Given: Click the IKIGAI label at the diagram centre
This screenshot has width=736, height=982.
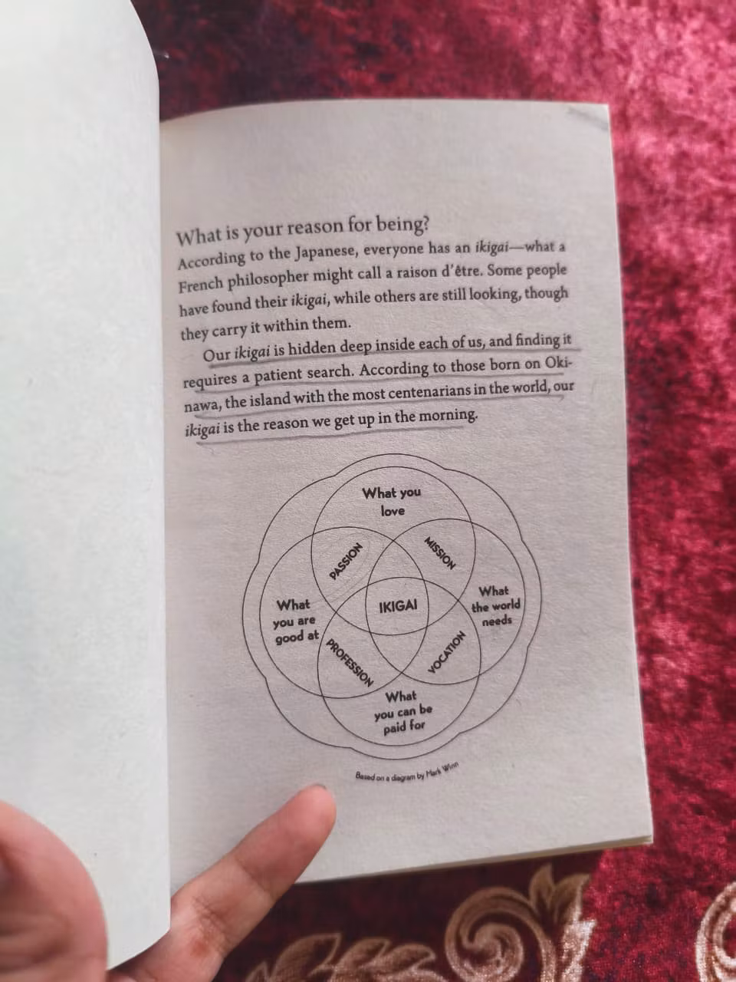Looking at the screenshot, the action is [398, 607].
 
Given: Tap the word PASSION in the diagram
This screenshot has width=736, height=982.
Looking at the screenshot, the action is [346, 561].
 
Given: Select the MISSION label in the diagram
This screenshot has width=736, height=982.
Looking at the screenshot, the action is [440, 553].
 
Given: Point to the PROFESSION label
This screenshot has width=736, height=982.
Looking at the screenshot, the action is [349, 663].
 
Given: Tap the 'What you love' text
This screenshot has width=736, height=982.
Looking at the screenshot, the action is [392, 502].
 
